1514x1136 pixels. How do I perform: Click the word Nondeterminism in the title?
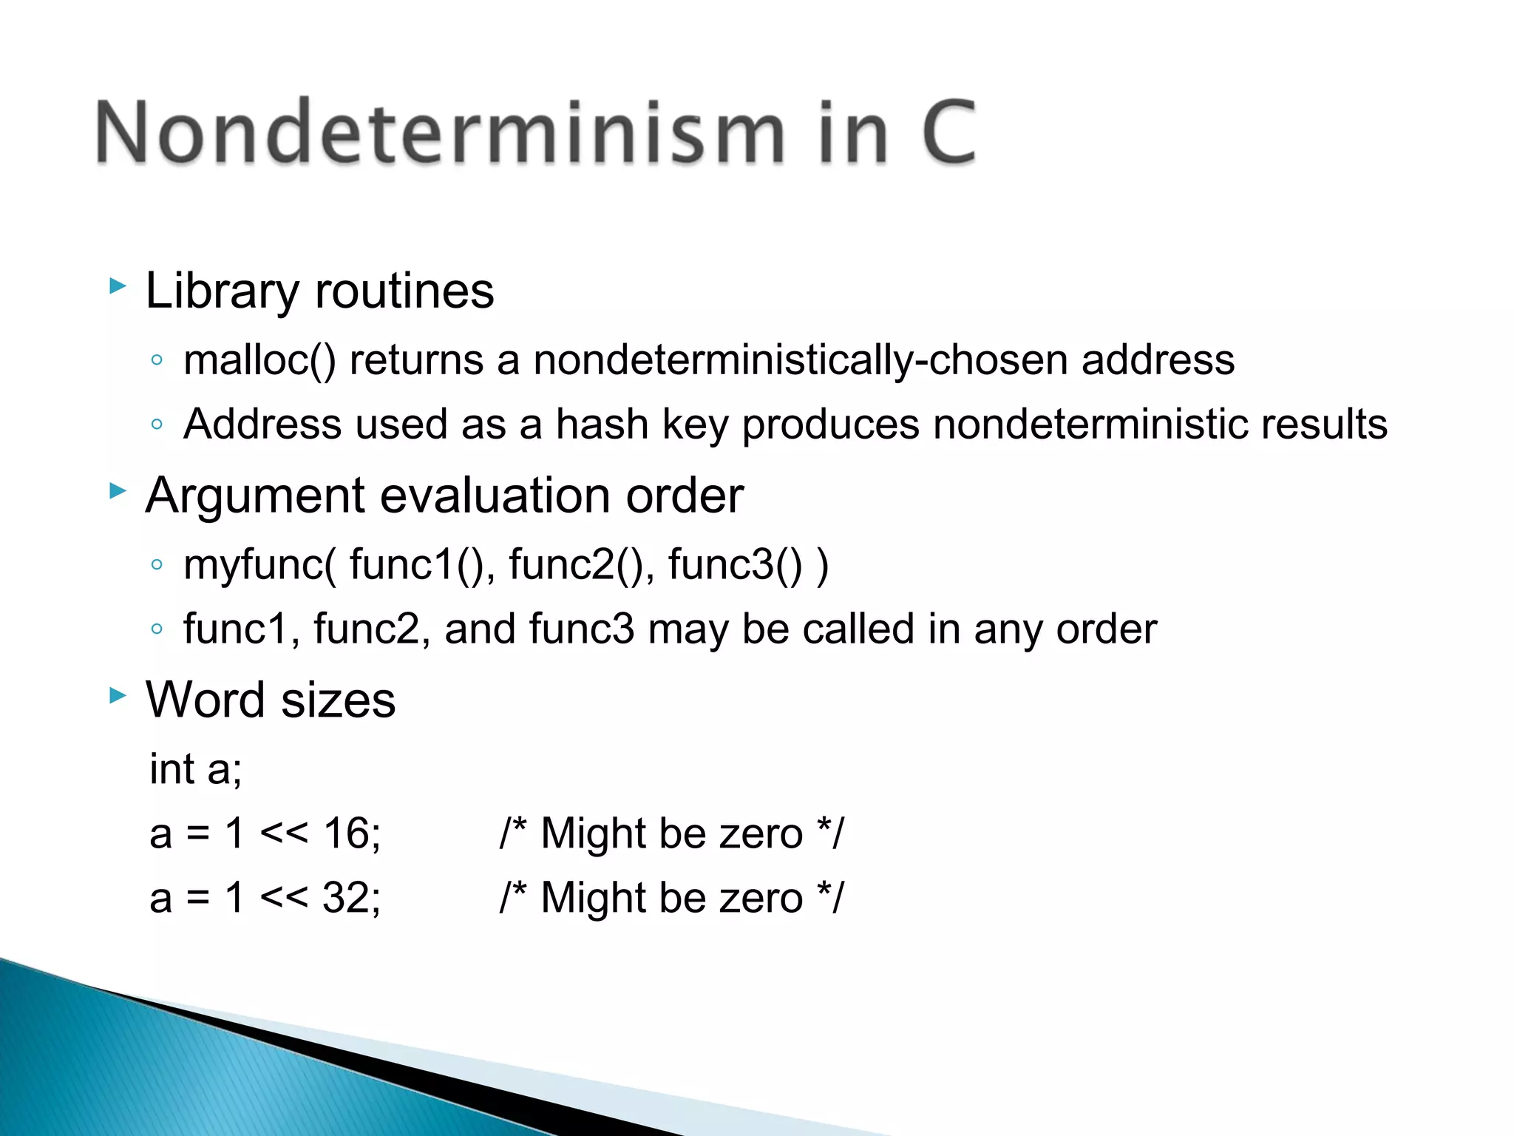(441, 133)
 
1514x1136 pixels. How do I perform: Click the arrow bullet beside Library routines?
(118, 286)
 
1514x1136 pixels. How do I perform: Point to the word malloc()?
(259, 361)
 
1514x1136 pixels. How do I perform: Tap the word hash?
(602, 425)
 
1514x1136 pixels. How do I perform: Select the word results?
(1324, 425)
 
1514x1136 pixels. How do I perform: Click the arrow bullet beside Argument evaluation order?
(118, 490)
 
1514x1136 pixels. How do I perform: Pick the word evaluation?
(496, 496)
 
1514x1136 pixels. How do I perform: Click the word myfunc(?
(259, 566)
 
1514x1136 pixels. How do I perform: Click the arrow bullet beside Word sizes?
(118, 695)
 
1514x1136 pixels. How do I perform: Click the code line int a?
(196, 769)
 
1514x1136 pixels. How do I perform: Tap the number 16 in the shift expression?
(348, 834)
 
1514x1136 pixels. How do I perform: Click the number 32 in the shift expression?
(348, 898)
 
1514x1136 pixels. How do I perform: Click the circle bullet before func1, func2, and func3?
(156, 629)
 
